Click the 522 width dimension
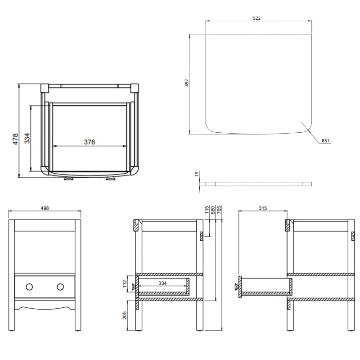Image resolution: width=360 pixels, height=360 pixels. point(257,18)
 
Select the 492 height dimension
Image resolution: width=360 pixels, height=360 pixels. point(187,83)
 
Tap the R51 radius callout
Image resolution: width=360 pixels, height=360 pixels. point(326,141)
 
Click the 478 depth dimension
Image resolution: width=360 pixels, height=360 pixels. point(15,138)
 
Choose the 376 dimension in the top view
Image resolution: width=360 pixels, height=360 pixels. point(90,142)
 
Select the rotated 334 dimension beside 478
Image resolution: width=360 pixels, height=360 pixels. point(27,138)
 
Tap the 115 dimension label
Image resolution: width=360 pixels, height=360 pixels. point(207,211)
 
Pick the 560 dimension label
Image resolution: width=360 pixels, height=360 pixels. point(213,211)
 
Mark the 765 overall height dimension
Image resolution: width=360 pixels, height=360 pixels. point(219,211)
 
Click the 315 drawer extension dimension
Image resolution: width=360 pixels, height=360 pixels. point(263,208)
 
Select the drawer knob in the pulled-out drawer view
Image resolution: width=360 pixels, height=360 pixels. point(236,287)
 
